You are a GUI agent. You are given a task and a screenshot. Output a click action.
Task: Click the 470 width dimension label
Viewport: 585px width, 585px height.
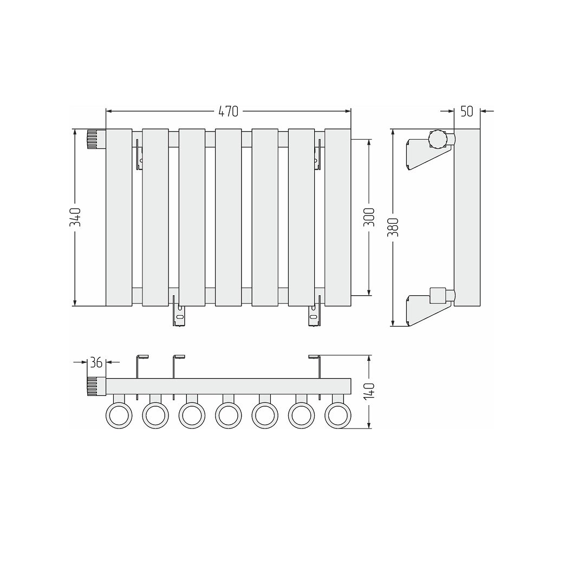click(229, 111)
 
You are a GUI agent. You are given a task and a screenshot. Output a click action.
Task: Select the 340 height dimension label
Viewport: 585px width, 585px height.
click(75, 217)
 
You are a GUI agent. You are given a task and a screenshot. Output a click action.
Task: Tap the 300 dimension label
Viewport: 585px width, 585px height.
click(369, 217)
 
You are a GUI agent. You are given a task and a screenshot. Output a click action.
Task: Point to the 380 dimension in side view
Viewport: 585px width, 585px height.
click(393, 227)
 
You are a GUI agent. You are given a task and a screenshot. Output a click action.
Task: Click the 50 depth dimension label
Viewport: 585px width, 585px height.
click(467, 111)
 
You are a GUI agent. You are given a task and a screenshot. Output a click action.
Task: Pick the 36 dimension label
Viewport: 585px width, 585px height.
click(96, 362)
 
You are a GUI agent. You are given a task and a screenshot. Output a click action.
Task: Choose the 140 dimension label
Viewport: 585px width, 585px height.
click(369, 392)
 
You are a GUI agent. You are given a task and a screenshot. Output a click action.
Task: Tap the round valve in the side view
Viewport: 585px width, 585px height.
click(438, 140)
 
